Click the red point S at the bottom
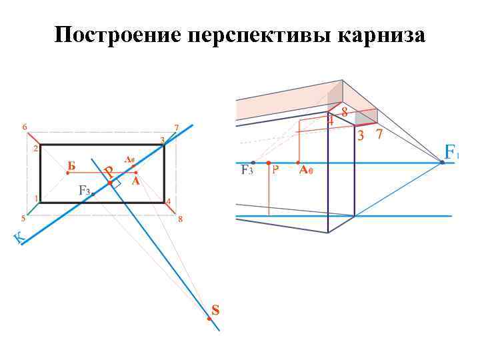209,319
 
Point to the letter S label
215,309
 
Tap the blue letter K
20,237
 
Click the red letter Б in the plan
71,165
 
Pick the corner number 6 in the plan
25,127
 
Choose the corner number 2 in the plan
35,149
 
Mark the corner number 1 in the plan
35,198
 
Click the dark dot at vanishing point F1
442,162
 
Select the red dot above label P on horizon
268,162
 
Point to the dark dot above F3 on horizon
253,162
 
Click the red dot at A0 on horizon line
297,162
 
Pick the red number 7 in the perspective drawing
379,135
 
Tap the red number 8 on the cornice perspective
344,113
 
